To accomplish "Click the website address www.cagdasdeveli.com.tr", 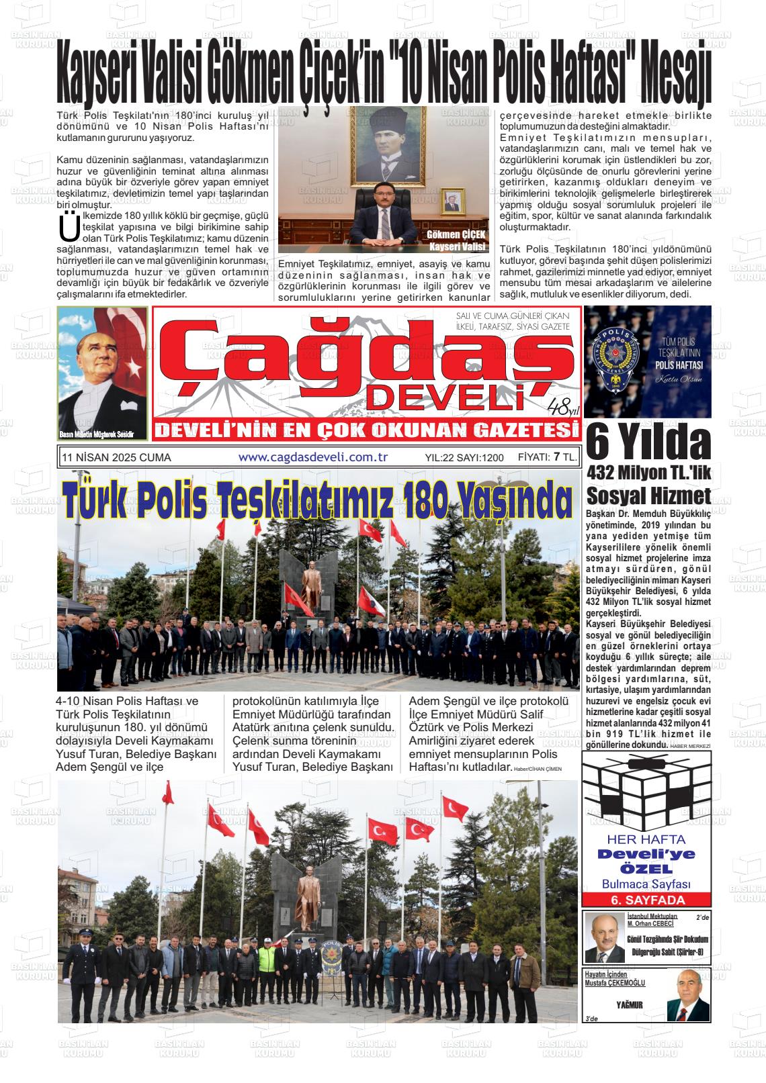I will click(x=313, y=457).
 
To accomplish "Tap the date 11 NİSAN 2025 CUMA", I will click(x=116, y=458).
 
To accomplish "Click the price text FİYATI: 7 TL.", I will click(x=547, y=457).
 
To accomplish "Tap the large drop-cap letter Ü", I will click(x=69, y=228).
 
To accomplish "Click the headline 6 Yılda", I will click(x=648, y=444).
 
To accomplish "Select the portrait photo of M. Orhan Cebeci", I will click(x=603, y=938).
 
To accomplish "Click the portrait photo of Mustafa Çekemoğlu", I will click(x=687, y=996).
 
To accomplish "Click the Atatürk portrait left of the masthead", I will click(x=102, y=373).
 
